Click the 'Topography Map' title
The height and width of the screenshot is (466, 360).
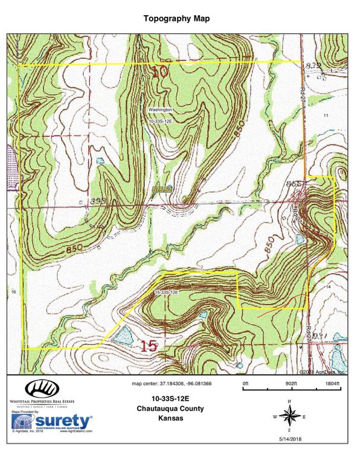(178, 18)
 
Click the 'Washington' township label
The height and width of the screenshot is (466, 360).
(161, 110)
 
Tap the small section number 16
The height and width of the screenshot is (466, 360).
(13, 292)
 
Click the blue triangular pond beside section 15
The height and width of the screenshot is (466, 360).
(124, 335)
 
